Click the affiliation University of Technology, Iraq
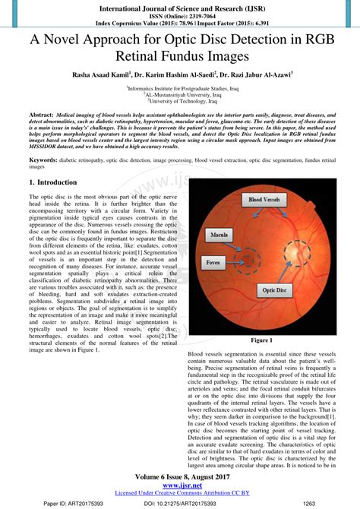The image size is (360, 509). coord(180,100)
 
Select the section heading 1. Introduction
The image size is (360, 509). coord(52,183)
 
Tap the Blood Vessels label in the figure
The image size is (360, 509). coord(262,199)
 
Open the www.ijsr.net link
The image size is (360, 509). coord(180,485)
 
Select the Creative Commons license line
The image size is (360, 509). coord(180,492)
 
